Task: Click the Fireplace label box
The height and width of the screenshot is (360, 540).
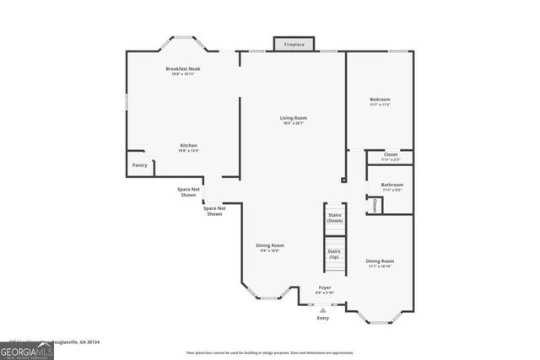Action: pyautogui.click(x=294, y=44)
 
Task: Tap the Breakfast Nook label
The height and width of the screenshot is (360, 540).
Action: pyautogui.click(x=182, y=68)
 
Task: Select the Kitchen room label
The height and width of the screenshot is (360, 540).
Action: pyautogui.click(x=188, y=146)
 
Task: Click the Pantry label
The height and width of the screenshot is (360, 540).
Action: pyautogui.click(x=139, y=165)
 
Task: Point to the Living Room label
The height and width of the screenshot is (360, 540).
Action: pyautogui.click(x=294, y=118)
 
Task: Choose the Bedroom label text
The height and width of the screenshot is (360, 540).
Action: pyautogui.click(x=380, y=99)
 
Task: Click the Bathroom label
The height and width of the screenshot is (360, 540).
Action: pyautogui.click(x=391, y=185)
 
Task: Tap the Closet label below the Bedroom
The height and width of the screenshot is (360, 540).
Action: pyautogui.click(x=391, y=155)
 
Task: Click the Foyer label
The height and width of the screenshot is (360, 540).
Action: pyautogui.click(x=325, y=289)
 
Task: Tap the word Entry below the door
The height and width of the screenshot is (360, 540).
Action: pyautogui.click(x=323, y=318)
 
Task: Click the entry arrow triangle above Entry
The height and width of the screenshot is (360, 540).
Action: pyautogui.click(x=323, y=309)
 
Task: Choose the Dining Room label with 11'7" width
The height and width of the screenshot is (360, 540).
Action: pyautogui.click(x=380, y=261)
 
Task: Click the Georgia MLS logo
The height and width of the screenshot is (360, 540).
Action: pyautogui.click(x=27, y=350)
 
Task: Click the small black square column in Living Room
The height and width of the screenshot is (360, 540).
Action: pyautogui.click(x=343, y=180)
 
